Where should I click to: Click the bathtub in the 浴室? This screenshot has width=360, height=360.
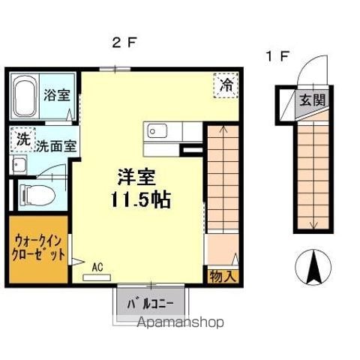25,96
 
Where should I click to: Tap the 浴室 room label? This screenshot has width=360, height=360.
57,95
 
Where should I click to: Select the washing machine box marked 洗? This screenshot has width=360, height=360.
23,139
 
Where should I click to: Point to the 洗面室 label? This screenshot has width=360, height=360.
56,146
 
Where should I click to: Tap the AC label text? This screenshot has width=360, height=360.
97,267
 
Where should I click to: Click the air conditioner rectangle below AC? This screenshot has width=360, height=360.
97,277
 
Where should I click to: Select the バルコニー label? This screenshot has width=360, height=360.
151,304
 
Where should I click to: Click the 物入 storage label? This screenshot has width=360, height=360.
223,276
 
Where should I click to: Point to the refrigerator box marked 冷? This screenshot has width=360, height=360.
226,85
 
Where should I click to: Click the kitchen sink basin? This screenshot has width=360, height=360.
157,130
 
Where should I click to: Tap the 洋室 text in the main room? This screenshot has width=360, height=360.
136,177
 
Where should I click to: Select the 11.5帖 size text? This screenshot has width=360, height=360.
141,199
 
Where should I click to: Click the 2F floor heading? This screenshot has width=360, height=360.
124,43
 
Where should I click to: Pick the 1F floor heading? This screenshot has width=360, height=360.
277,56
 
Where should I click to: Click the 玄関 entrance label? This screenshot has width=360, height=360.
313,100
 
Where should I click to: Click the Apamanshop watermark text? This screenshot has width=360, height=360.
180,322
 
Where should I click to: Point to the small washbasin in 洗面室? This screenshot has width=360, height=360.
19,165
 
